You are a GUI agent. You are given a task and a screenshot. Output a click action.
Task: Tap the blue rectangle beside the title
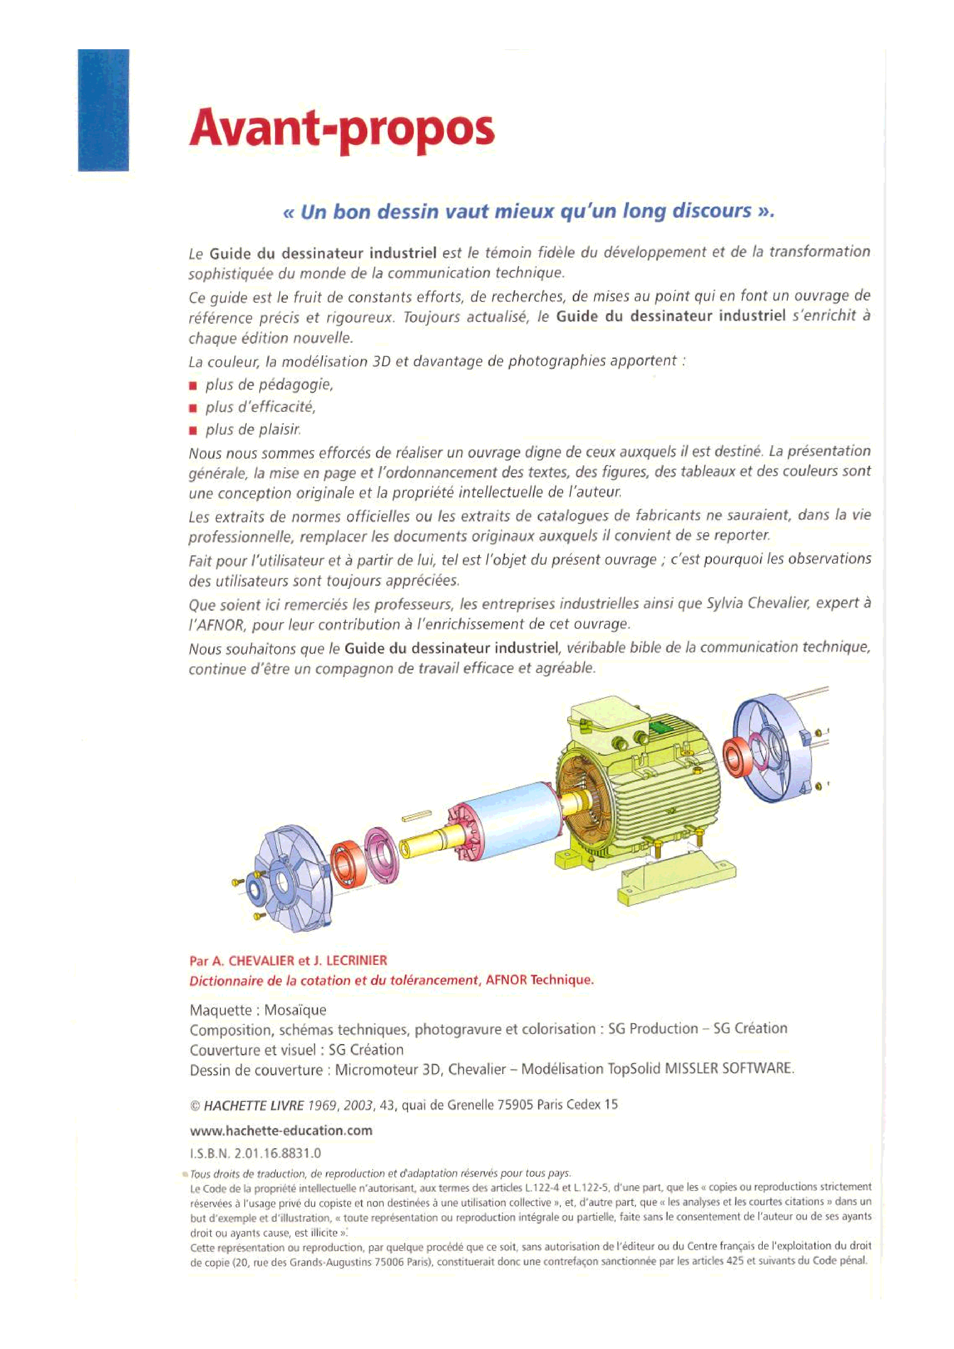(x=104, y=110)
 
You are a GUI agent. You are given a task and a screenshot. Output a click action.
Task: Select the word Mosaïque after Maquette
(x=295, y=1010)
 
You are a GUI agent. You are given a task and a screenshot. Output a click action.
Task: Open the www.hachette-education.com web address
(x=281, y=1131)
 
